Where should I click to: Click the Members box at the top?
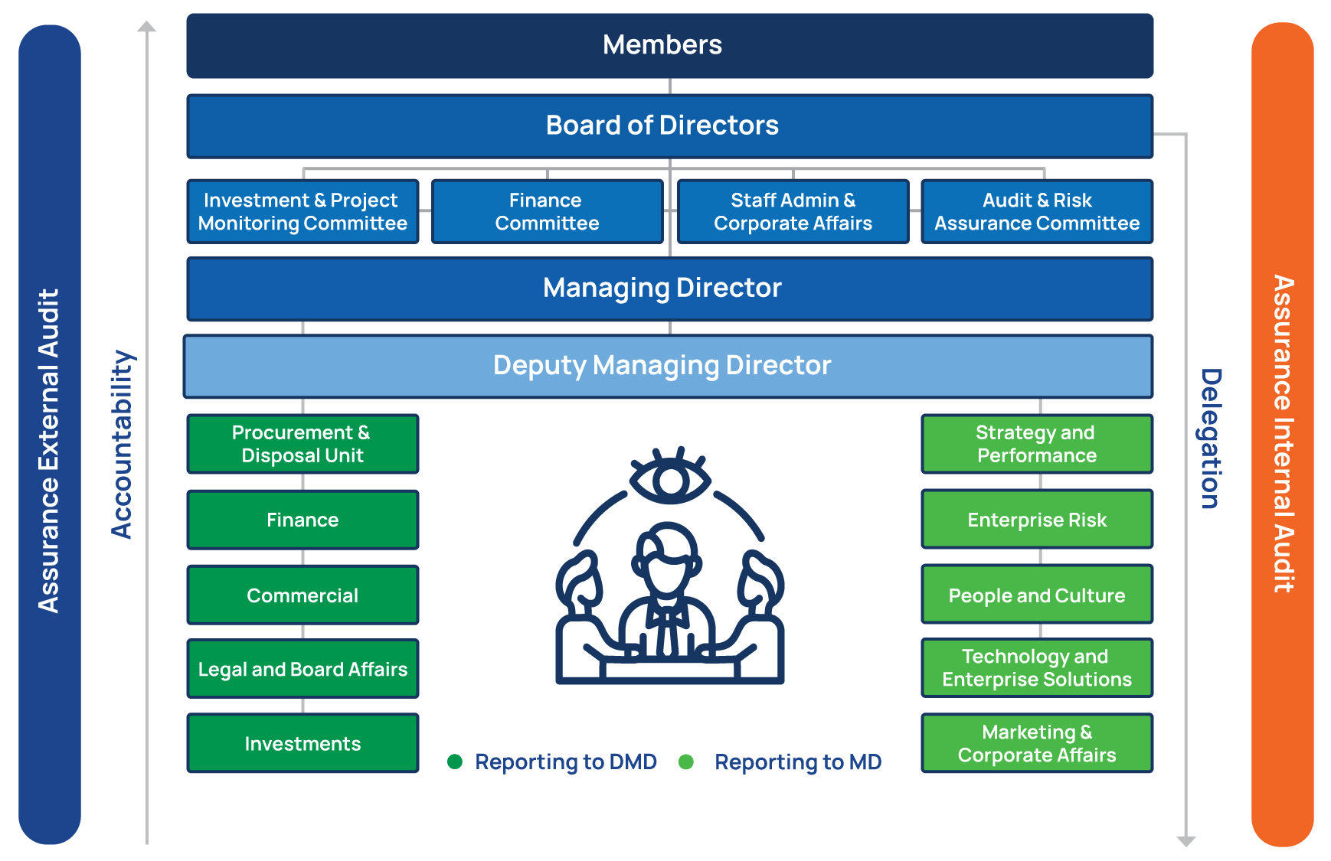[x=669, y=45]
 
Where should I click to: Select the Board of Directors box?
[x=669, y=126]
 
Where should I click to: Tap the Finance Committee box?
[x=547, y=211]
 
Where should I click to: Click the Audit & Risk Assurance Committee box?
[x=1037, y=211]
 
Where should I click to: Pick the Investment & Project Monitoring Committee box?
[x=302, y=211]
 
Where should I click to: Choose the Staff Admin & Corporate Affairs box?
[x=793, y=211]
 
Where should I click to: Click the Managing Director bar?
[x=669, y=289]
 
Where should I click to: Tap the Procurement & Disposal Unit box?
[x=302, y=444]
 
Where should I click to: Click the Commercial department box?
[x=302, y=595]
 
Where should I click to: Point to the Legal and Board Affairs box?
[x=302, y=670]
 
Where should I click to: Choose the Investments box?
[x=302, y=743]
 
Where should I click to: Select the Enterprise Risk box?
[x=1037, y=520]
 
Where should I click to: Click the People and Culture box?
[x=1037, y=595]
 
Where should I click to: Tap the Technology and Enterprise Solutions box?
[x=1037, y=668]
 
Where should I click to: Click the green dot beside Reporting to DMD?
[x=455, y=762]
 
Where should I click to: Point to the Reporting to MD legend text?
[x=798, y=762]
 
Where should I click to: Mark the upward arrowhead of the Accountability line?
[x=146, y=27]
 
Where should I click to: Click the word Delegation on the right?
[x=1210, y=439]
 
